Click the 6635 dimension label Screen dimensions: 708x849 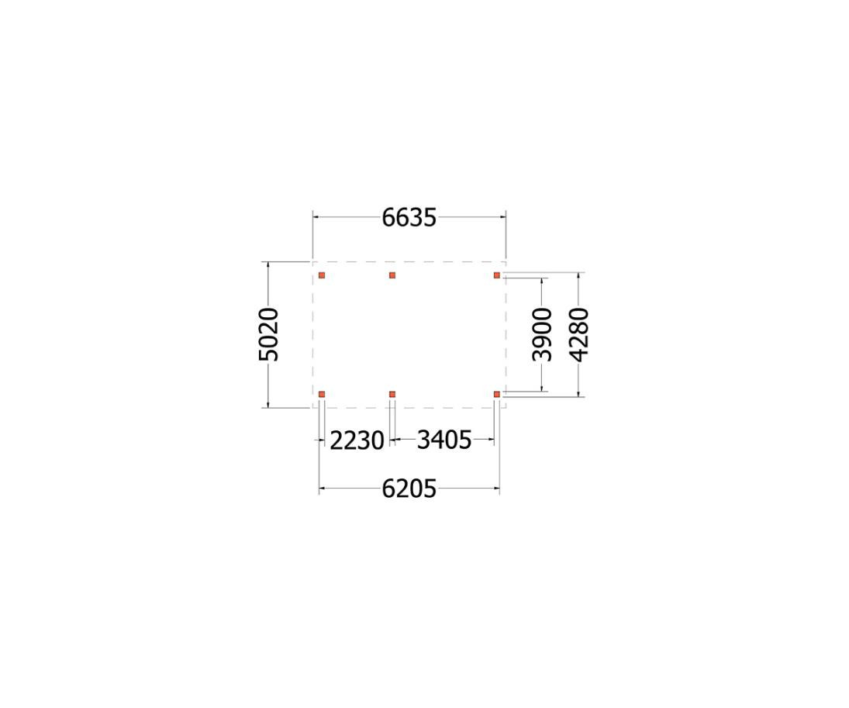pos(409,218)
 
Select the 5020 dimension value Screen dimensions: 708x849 pos(268,334)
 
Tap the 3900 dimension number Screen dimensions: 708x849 pos(543,334)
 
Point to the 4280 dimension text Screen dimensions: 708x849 pos(579,334)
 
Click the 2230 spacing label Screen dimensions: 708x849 pos(357,440)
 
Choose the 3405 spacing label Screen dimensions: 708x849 pos(443,440)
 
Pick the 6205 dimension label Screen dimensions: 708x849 pos(409,489)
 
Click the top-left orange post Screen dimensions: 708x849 pos(322,275)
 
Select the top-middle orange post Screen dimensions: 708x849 pos(392,275)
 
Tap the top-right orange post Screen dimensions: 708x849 pos(497,275)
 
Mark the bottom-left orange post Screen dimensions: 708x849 pos(322,395)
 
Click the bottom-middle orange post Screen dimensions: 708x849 pos(392,395)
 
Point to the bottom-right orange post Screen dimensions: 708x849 pos(497,395)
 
